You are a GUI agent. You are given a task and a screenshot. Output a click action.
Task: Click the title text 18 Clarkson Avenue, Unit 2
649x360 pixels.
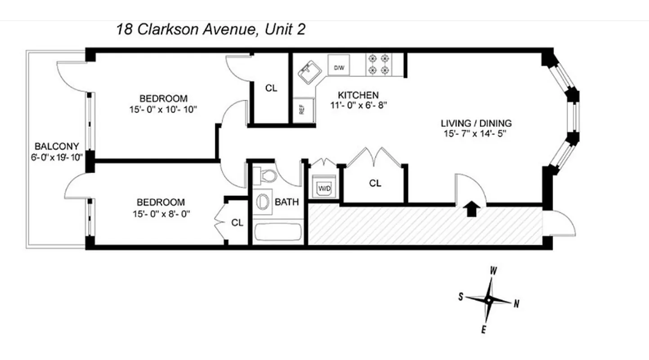(210, 30)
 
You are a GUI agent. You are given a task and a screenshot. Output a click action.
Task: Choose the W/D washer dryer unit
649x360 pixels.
(324, 188)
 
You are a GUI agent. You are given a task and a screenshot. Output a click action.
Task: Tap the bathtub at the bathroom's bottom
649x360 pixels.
(278, 233)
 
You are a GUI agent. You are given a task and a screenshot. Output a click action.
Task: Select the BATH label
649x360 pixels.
(286, 202)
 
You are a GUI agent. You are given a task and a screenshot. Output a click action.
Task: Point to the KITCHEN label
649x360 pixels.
(358, 95)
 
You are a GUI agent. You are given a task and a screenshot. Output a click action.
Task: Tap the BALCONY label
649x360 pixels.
(57, 146)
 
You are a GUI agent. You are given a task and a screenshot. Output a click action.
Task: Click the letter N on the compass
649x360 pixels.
(516, 305)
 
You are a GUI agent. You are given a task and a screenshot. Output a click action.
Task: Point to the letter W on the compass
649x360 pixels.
(493, 271)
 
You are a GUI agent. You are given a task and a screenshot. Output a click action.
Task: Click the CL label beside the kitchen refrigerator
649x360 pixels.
(271, 88)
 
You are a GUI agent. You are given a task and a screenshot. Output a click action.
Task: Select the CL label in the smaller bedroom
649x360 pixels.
(237, 222)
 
